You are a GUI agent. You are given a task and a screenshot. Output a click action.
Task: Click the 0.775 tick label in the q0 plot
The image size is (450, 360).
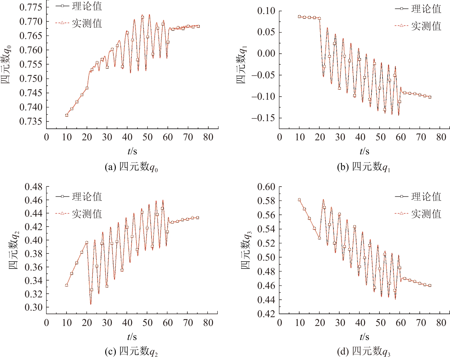point(31,7)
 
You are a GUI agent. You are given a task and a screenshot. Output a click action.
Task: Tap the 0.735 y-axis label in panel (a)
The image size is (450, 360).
point(31,121)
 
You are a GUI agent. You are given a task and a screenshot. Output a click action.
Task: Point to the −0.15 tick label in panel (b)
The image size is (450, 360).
point(263,118)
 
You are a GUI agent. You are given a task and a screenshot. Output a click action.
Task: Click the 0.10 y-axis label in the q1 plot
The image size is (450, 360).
point(266,11)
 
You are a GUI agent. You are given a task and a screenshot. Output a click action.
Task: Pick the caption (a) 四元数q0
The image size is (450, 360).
point(131,167)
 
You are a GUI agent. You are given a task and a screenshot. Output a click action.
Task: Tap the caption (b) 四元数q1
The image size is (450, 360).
point(364,167)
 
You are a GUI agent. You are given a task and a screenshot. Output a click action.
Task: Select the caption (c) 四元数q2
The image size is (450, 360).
point(131,351)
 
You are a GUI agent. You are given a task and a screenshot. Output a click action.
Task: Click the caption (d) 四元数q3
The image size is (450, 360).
point(364,351)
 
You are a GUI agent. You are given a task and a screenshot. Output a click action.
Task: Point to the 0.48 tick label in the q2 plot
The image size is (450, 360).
point(33,187)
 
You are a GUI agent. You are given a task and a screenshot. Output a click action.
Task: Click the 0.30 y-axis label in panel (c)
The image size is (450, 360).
point(33,307)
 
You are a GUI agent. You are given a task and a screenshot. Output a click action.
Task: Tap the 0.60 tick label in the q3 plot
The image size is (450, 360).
point(266,187)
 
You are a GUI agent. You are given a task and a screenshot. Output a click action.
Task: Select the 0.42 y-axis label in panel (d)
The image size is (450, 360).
point(266,314)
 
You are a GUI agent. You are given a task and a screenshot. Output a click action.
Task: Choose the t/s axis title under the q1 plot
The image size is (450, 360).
point(364,151)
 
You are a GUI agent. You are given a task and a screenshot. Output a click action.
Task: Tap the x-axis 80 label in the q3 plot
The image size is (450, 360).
point(441,323)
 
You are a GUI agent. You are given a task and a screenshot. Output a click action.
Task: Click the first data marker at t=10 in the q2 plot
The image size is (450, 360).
point(66,285)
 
